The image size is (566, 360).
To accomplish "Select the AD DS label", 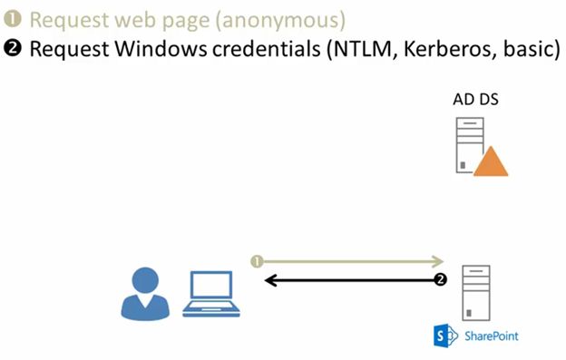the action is pyautogui.click(x=475, y=98).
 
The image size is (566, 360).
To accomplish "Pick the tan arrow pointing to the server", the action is pyautogui.click(x=349, y=261).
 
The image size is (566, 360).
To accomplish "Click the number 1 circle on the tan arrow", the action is pyautogui.click(x=258, y=261).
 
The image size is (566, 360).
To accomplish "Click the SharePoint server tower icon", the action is pyautogui.click(x=476, y=290).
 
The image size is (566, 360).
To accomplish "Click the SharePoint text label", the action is pyautogui.click(x=492, y=337).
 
